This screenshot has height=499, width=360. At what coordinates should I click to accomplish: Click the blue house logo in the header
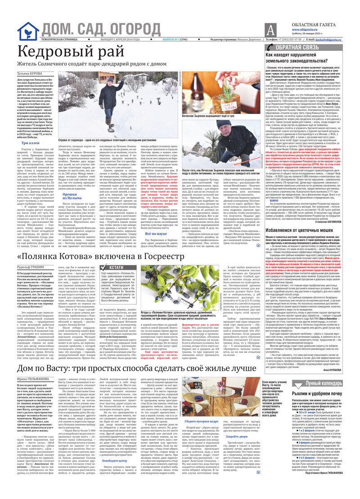coord(28,31)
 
